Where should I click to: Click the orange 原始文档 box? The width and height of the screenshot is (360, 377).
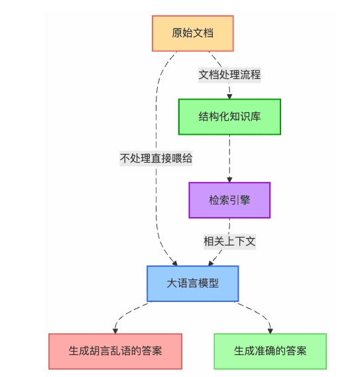pyautogui.click(x=192, y=33)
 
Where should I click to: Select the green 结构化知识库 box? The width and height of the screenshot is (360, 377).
pyautogui.click(x=229, y=117)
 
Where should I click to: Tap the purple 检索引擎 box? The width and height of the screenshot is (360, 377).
pyautogui.click(x=229, y=200)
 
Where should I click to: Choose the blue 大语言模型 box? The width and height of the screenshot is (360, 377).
pyautogui.click(x=192, y=283)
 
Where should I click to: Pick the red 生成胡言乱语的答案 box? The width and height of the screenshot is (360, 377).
pyautogui.click(x=115, y=350)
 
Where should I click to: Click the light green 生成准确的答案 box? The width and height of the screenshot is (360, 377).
pyautogui.click(x=270, y=350)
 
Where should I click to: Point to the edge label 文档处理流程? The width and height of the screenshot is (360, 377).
pyautogui.click(x=229, y=74)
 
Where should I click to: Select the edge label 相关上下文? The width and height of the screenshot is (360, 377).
pyautogui.click(x=229, y=242)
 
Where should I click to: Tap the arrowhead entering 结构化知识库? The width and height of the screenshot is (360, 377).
pyautogui.click(x=229, y=96)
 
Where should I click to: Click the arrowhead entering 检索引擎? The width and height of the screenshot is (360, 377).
pyautogui.click(x=229, y=179)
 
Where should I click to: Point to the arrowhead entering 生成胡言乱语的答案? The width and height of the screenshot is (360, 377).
pyautogui.click(x=115, y=330)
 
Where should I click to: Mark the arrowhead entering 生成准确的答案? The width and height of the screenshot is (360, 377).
pyautogui.click(x=269, y=330)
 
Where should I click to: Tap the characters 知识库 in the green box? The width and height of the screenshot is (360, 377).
pyautogui.click(x=245, y=117)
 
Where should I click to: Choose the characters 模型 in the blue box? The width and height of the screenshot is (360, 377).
pyautogui.click(x=208, y=283)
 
